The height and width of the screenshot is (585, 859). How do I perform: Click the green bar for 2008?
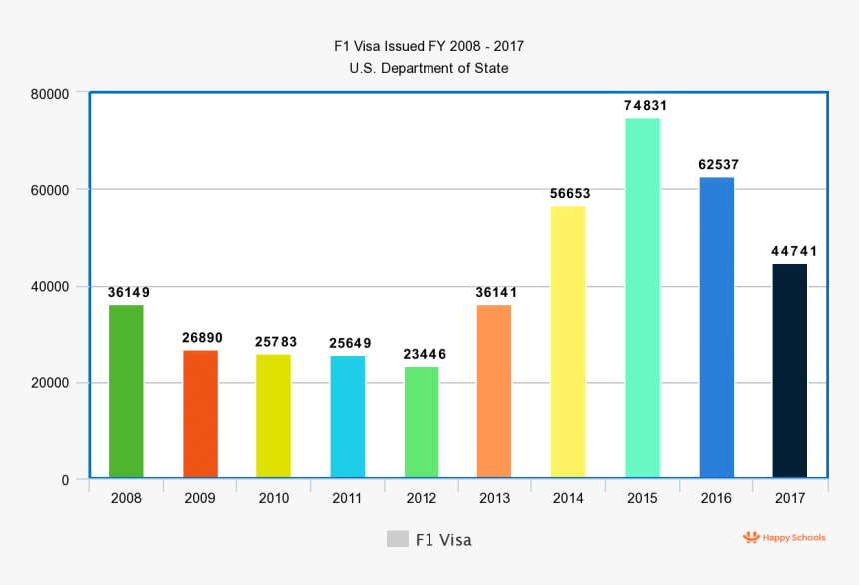coord(126,391)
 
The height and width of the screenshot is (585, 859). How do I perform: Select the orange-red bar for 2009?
coord(200,414)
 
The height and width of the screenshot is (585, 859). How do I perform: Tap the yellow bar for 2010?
coord(274,416)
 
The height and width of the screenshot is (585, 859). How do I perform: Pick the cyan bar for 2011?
coord(348,417)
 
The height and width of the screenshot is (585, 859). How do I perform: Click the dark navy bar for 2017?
coord(790,371)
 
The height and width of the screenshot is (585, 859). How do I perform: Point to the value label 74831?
coord(645,105)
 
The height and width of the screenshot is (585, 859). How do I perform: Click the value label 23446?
coord(425,354)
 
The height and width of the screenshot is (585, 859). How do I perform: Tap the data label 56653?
coord(571,193)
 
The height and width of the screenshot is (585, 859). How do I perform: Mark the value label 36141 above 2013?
coord(497,292)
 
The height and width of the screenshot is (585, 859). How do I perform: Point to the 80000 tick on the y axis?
coord(50,93)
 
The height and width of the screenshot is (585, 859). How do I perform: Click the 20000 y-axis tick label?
coord(50,383)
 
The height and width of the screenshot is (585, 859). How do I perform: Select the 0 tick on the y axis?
coord(65,480)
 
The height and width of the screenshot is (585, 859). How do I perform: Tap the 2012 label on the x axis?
coord(422,498)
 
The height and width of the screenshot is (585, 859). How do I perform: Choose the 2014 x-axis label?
coord(568,498)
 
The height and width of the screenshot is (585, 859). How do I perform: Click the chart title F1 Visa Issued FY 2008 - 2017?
coord(429,46)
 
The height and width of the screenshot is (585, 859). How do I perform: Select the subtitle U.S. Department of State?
coord(429,68)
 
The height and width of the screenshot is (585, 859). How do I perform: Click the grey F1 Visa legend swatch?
coord(397,539)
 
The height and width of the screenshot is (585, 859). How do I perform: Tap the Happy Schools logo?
coord(784,538)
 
